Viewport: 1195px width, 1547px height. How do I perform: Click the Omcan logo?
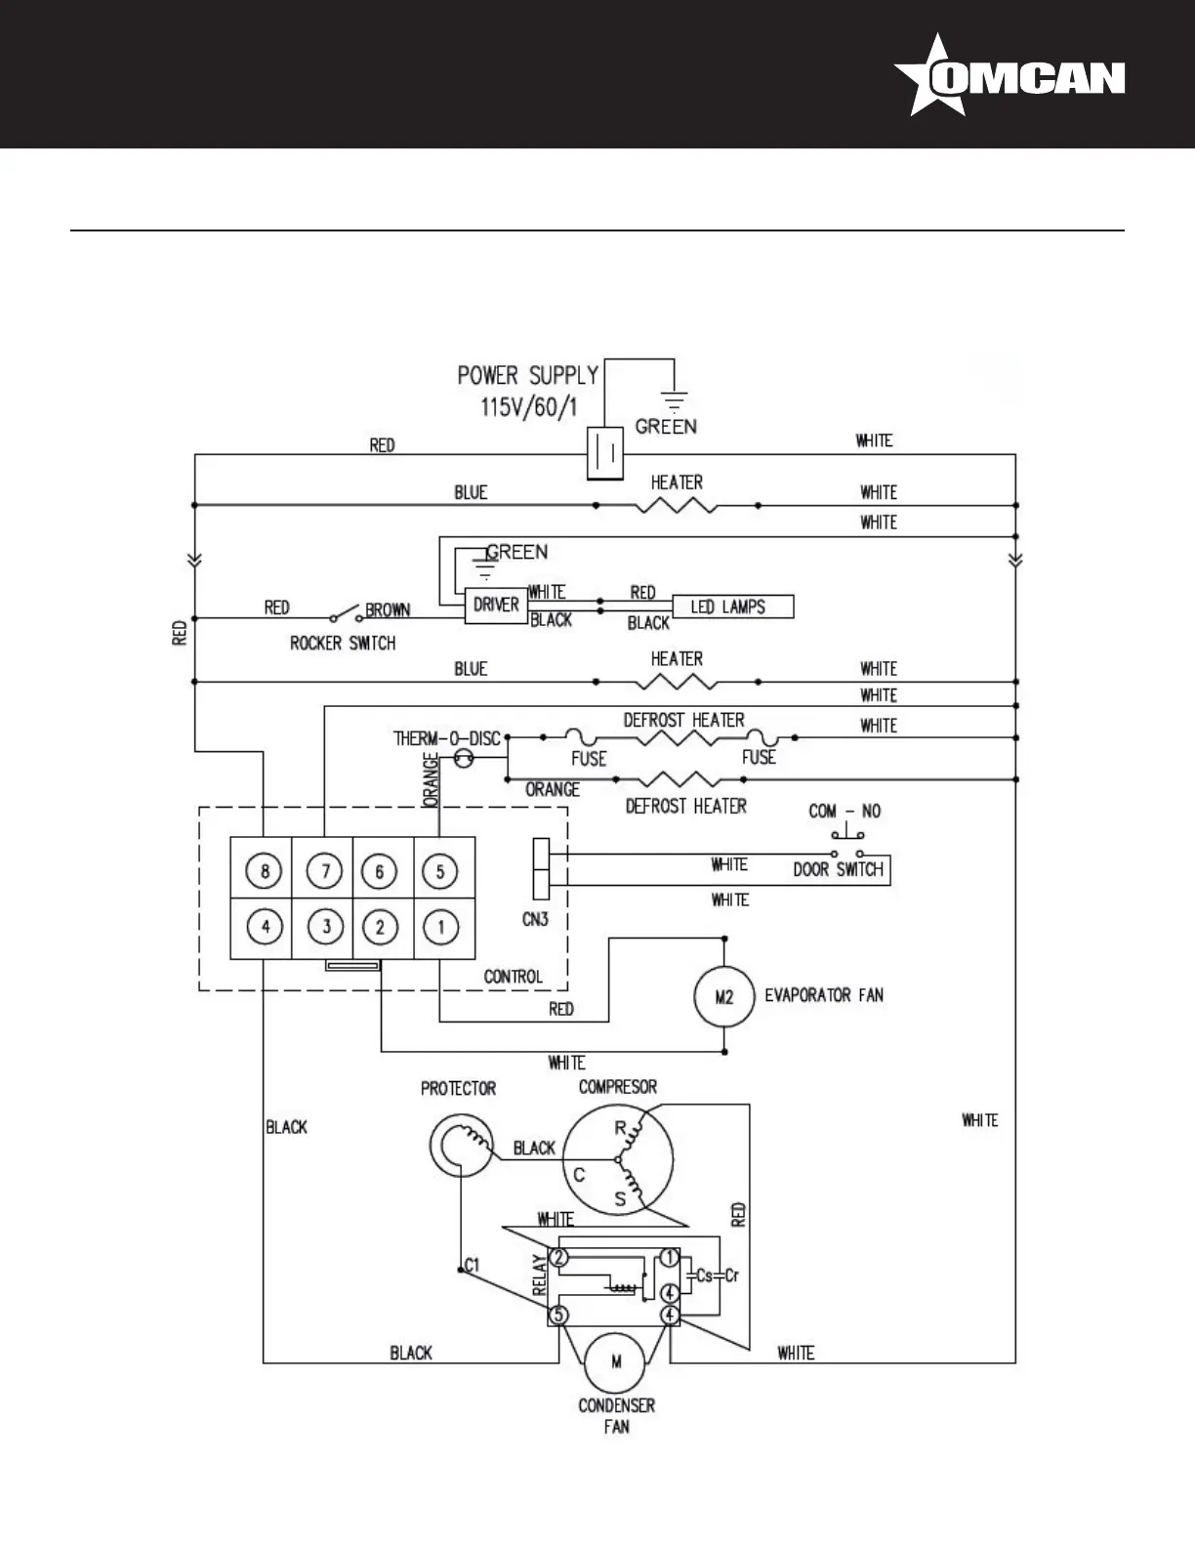tap(1010, 75)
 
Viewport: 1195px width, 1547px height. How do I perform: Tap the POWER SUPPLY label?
tap(527, 375)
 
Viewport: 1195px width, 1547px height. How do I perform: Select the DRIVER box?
tap(496, 606)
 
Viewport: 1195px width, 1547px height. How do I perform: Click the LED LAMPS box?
tap(732, 606)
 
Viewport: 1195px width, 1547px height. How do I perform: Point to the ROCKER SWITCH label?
tap(343, 643)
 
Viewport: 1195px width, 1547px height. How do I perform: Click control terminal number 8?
tap(264, 871)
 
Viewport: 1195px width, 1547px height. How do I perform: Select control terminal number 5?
tap(440, 871)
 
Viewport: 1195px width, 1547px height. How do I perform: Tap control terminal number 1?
tap(440, 927)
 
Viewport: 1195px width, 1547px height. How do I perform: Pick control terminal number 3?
tap(326, 927)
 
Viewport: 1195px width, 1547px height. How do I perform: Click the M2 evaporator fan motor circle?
tap(723, 997)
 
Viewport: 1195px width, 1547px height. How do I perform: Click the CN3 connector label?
tap(535, 919)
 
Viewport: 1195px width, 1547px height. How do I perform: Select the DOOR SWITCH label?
tap(838, 869)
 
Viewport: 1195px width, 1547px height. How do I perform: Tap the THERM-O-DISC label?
tap(447, 738)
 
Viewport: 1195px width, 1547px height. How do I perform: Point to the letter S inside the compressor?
tap(620, 1199)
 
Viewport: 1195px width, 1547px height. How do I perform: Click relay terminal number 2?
tap(558, 1257)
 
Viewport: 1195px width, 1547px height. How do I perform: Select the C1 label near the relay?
tap(472, 1265)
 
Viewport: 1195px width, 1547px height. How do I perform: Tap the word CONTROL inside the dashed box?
tap(514, 976)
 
